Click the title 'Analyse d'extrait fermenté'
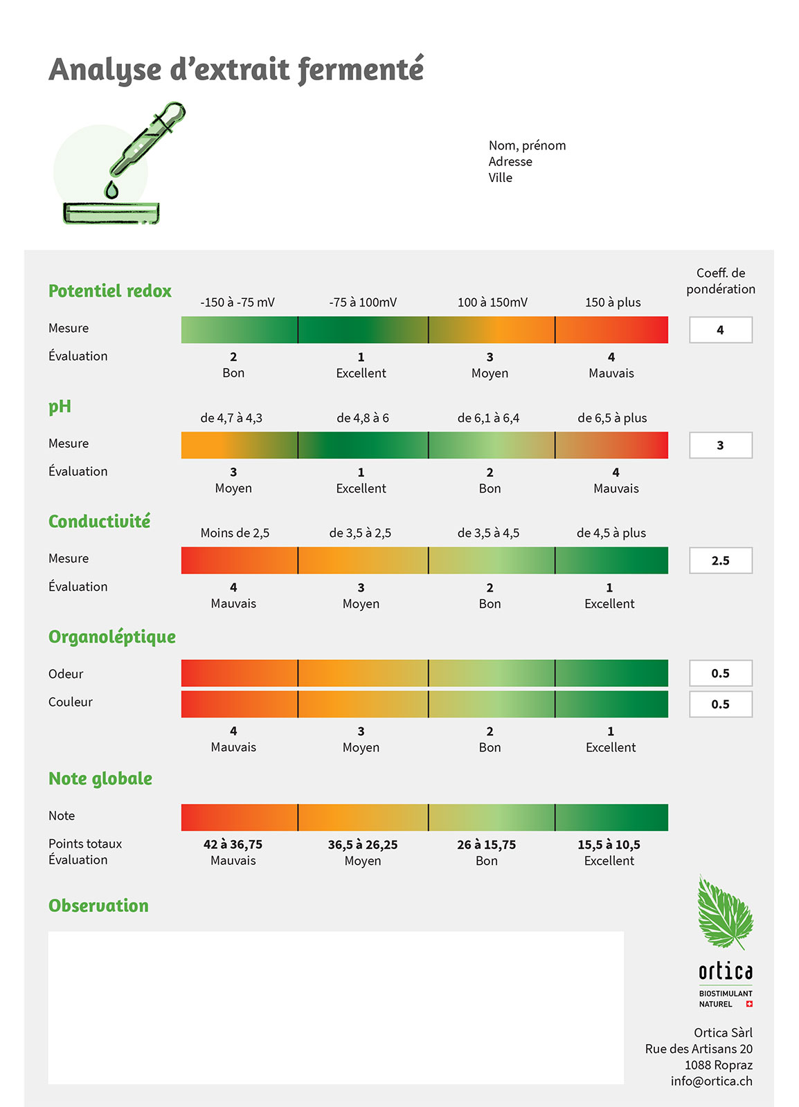[x=235, y=70]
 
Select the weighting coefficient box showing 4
[x=720, y=330]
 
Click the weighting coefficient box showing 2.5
[x=720, y=560]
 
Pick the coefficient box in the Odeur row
[x=720, y=673]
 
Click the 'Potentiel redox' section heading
[x=109, y=291]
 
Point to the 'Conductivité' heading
[x=99, y=522]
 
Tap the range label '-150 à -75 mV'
[x=237, y=302]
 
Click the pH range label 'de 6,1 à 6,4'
[x=488, y=418]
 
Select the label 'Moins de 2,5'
[x=235, y=533]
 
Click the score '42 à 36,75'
[x=233, y=845]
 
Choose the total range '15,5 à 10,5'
[x=609, y=845]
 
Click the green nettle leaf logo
[x=724, y=912]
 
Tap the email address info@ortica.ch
[x=711, y=1081]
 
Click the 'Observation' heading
[x=98, y=906]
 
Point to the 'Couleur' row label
[x=70, y=702]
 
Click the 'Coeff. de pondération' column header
[x=720, y=281]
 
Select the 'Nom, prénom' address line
[x=527, y=145]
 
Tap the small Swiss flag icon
[x=749, y=1004]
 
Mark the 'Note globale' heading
[x=100, y=779]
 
